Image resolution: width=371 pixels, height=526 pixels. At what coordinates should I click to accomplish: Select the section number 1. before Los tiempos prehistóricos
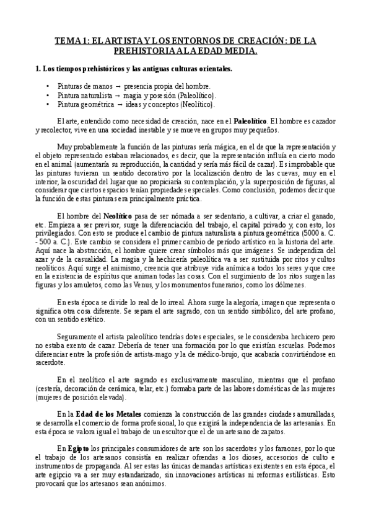39,68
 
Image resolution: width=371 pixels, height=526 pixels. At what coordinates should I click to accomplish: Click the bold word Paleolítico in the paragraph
250,120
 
